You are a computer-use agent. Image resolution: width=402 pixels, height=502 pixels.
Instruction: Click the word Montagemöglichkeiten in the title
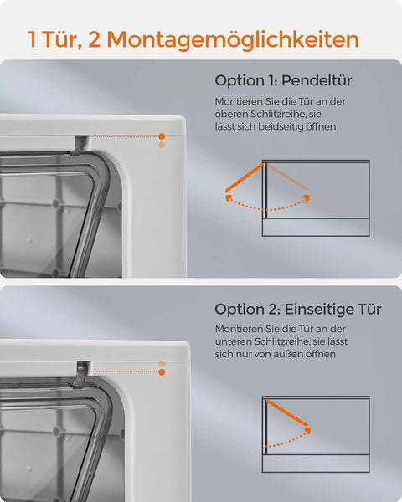click(x=233, y=39)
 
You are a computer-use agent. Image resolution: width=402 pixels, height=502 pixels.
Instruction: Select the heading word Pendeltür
click(x=317, y=80)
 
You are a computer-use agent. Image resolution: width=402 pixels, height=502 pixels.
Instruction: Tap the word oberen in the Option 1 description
click(x=231, y=114)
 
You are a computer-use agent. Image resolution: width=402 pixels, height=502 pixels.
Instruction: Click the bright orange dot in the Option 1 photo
click(x=162, y=136)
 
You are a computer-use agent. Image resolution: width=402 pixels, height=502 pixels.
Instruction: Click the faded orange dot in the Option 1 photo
click(x=162, y=145)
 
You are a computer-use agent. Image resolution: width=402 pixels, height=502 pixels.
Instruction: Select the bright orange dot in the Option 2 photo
click(x=162, y=372)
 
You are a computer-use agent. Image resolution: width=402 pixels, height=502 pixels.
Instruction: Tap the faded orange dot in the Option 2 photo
click(x=162, y=364)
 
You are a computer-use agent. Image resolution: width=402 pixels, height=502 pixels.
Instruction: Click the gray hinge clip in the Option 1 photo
click(x=80, y=145)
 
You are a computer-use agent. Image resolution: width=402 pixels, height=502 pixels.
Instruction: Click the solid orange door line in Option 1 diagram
click(x=244, y=177)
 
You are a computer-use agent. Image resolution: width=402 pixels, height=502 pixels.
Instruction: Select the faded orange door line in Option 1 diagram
click(x=286, y=177)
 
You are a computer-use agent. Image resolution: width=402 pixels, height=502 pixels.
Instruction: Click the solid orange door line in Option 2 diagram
click(x=287, y=412)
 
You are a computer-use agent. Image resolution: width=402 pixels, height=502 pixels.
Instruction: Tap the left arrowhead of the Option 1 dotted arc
click(x=229, y=198)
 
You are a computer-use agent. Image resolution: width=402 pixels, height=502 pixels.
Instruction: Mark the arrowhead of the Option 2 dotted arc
click(x=307, y=431)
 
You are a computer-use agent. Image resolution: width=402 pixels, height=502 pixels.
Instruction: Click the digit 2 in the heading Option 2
click(x=275, y=310)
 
